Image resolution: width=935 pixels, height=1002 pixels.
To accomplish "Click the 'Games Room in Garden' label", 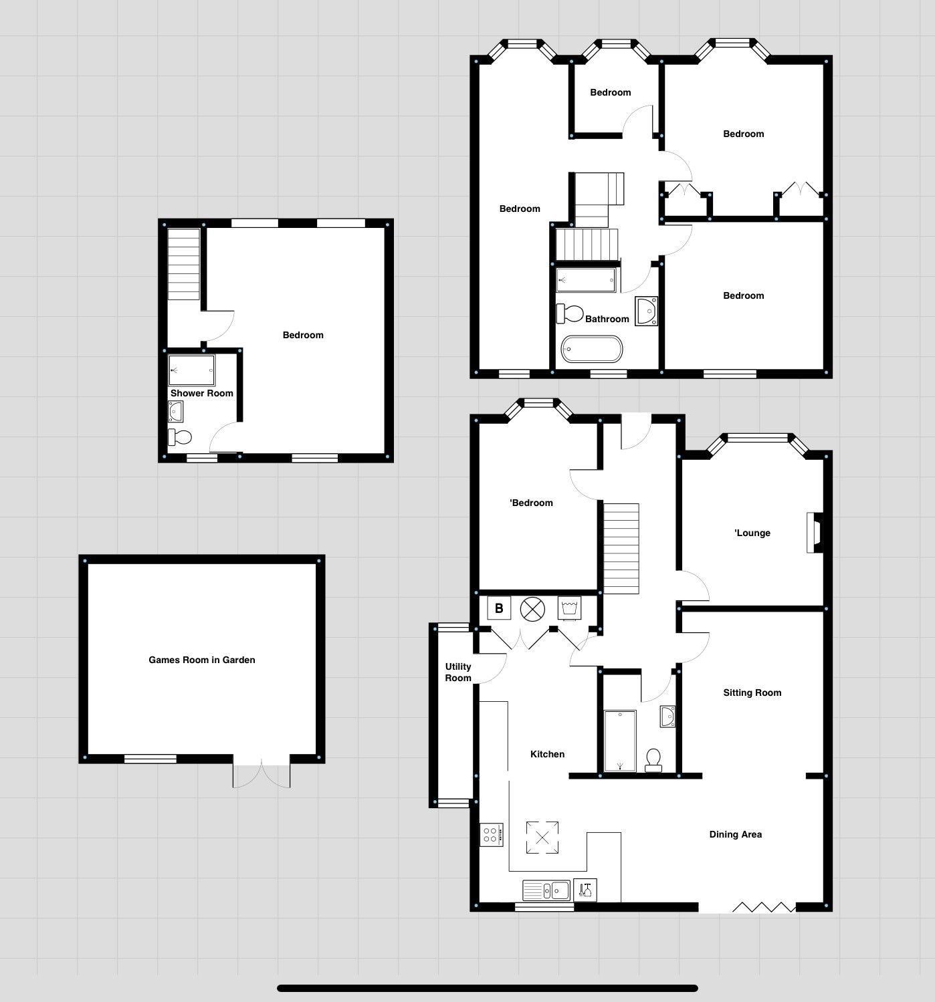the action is point(201,660).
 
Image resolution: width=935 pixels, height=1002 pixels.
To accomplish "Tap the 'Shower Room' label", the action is point(201,393).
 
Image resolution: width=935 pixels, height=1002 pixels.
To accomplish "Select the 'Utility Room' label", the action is point(458,672).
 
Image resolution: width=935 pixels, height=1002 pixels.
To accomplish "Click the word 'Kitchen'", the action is point(547,754).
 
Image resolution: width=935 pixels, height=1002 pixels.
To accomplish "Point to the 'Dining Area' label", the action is point(735,834).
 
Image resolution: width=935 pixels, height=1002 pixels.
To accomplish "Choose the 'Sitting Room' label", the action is point(752,693).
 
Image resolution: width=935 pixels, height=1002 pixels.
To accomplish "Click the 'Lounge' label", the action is point(752,533).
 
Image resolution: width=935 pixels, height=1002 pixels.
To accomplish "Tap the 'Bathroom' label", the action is point(607,319).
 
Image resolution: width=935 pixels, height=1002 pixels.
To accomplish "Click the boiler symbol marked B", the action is point(499,608).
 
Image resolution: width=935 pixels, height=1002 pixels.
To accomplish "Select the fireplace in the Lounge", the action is point(815,533).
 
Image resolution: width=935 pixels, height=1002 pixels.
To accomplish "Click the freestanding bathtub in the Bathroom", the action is point(592,349).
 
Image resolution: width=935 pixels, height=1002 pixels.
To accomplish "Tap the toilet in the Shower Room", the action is point(180,437).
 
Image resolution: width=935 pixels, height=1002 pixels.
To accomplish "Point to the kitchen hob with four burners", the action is point(491,834).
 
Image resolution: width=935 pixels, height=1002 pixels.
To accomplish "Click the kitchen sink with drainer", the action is point(546,890).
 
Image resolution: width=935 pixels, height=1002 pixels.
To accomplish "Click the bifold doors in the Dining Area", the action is point(764,906).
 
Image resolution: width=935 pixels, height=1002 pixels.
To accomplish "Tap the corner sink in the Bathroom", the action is point(646,311).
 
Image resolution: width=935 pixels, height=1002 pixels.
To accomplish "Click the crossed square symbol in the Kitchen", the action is point(542,838).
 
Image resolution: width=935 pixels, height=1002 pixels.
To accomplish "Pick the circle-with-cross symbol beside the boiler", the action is point(532,609).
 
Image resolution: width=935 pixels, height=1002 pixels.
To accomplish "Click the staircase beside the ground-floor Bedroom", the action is point(621,548).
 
